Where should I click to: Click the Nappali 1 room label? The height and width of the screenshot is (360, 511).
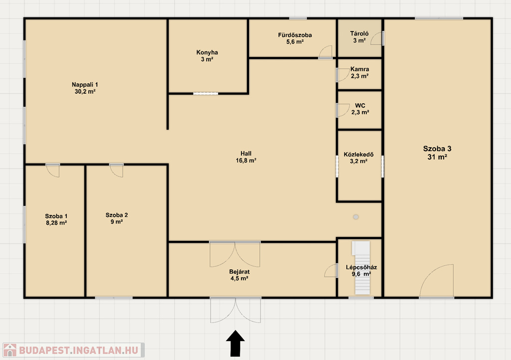pos(85,85)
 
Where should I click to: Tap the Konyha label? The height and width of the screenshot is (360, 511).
pos(207,52)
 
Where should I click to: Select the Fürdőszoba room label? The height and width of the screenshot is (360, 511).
pos(295,35)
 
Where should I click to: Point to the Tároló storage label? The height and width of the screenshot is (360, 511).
pos(359,33)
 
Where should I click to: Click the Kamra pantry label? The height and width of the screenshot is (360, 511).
pos(360,69)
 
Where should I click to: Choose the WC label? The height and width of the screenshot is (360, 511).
pos(360,106)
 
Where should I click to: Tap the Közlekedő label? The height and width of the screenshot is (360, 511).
pos(358,154)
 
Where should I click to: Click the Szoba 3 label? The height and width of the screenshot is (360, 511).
pos(437,149)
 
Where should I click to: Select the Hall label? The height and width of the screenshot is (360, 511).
pos(246,153)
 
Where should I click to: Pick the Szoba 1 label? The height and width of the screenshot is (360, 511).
pos(56,216)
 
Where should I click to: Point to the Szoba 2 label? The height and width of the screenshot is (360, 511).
pos(117,215)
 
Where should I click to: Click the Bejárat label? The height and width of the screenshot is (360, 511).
pos(239,272)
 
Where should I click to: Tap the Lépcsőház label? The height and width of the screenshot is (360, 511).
pos(361,267)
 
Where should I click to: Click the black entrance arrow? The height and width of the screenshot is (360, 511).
pos(236,344)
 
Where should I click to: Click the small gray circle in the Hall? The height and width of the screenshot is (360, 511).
pos(356,217)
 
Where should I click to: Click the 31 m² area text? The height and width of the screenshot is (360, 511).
pos(437,157)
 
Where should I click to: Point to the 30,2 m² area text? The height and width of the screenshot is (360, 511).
pos(85,92)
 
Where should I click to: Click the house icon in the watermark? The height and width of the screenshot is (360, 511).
pos(10,350)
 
